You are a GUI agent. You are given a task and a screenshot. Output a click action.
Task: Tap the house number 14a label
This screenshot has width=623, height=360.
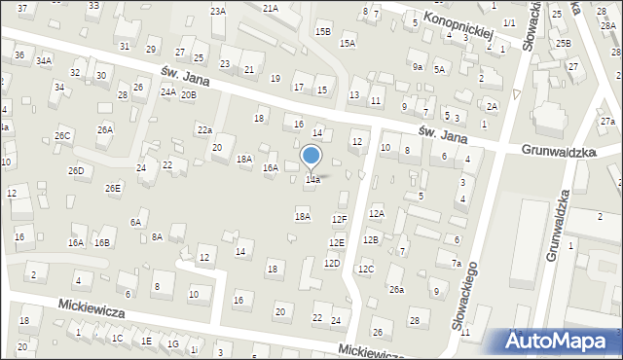[x=312, y=180]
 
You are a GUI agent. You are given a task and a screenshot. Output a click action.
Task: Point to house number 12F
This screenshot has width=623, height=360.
[x=339, y=220]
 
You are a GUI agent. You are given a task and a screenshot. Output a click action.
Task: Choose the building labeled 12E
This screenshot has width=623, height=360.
[x=336, y=242]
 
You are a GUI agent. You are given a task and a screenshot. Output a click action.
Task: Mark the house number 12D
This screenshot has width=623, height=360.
[x=332, y=264]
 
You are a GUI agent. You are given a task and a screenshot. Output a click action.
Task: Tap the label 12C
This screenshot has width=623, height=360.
[x=365, y=269]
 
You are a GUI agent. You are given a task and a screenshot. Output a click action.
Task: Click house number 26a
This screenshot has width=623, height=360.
[x=396, y=289]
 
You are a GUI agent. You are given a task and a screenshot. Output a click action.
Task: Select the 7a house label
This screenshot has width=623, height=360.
[x=456, y=263]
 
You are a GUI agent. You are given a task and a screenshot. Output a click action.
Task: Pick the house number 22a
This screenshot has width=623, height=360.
[x=204, y=129]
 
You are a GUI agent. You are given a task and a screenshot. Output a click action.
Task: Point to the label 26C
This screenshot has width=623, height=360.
[x=63, y=135]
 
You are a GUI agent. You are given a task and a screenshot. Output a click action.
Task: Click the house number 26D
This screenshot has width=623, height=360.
[x=75, y=171]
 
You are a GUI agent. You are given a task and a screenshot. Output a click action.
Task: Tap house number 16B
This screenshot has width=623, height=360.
[x=101, y=242]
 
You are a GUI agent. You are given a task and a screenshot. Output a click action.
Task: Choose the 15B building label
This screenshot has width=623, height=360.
[x=322, y=31]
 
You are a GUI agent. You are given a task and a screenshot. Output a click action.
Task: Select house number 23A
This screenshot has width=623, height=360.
[x=217, y=11]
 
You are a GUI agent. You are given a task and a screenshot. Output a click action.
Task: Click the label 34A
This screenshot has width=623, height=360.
[x=44, y=60]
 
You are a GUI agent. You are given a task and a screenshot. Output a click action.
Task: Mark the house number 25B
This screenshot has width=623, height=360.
[x=563, y=44]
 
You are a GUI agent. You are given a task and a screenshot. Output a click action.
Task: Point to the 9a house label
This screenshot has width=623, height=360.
[x=417, y=67]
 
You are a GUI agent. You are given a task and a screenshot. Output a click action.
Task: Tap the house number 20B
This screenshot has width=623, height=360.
[x=188, y=94]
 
